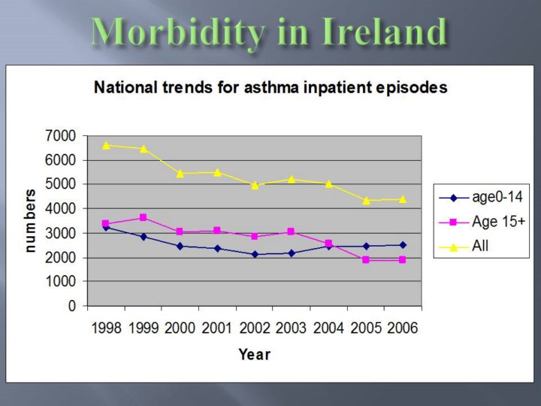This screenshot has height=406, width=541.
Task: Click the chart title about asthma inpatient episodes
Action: [x=270, y=87]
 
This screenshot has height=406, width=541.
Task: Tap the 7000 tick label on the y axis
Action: [x=61, y=136]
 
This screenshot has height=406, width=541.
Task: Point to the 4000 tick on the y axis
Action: [x=61, y=208]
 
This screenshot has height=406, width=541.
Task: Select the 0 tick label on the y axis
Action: [x=72, y=306]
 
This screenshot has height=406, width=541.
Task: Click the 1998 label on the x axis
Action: [x=106, y=329]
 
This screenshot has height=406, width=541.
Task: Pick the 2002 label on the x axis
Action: [x=254, y=329]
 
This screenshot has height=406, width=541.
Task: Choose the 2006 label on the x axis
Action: [x=402, y=329]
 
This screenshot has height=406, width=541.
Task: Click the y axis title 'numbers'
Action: [x=32, y=220]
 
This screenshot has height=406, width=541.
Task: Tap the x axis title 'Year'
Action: [x=254, y=353]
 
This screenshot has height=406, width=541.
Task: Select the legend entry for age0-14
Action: [x=481, y=198]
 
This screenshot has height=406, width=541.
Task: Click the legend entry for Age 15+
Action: [x=481, y=222]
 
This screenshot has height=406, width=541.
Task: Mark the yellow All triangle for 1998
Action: [x=106, y=145]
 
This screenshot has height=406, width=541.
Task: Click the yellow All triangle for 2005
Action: [x=366, y=201]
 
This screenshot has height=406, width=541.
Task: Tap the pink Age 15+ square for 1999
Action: [x=143, y=217]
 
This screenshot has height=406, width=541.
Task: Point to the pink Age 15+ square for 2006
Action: [x=403, y=259]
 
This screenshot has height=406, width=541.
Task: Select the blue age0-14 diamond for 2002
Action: [x=255, y=254]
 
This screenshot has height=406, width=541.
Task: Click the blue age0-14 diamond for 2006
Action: [x=403, y=244]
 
